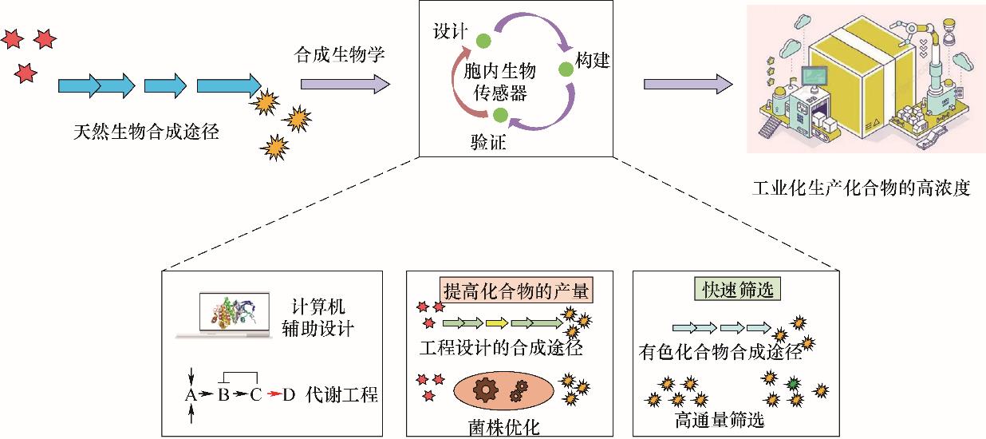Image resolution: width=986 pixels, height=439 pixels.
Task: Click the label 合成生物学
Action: click(341, 56)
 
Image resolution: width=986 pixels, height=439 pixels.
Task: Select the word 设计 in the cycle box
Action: click(450, 34)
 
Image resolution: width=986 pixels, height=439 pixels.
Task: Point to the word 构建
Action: click(592, 60)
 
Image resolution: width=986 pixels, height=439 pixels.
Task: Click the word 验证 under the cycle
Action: click(488, 143)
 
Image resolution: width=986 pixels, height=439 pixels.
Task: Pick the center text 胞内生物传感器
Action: click(500, 82)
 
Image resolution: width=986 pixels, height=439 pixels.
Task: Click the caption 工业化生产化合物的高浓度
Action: click(861, 191)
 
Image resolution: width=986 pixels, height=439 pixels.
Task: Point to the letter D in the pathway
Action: click(289, 394)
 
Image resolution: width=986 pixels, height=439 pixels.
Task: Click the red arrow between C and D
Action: click(273, 394)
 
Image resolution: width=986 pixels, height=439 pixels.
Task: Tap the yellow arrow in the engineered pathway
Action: click(497, 323)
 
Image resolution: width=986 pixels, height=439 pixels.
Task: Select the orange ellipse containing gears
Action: click(502, 390)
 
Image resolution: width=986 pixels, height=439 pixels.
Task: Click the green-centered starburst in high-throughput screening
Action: click(793, 384)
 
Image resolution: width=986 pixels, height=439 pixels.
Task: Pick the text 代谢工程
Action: click(341, 394)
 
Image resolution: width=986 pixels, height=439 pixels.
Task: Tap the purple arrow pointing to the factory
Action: click(688, 83)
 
